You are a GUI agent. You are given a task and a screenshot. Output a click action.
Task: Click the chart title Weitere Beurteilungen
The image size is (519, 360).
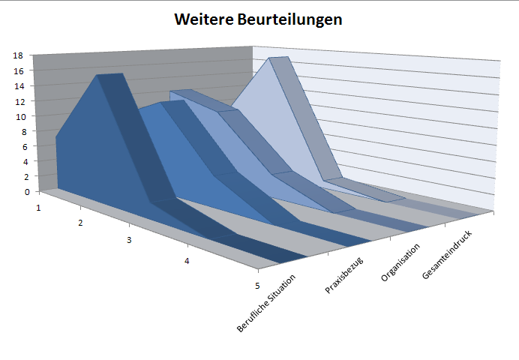click(258, 19)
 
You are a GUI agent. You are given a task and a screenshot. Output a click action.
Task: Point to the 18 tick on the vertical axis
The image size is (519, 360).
click(18, 55)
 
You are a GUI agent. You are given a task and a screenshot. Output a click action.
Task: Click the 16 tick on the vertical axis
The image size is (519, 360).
click(18, 70)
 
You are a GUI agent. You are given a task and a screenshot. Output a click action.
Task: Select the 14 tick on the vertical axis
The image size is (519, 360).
click(18, 85)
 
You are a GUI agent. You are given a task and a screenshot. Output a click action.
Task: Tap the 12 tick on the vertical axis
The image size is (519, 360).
click(18, 101)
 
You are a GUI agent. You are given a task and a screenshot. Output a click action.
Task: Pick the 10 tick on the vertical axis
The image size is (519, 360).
click(18, 116)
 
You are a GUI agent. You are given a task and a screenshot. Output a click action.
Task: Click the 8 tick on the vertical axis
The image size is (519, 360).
click(20, 131)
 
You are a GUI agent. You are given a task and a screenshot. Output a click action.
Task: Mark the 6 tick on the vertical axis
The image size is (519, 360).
click(20, 146)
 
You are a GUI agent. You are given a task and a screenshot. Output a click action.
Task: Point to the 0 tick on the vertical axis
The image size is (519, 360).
click(20, 191)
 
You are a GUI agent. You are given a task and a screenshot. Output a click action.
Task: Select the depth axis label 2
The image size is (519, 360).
click(80, 223)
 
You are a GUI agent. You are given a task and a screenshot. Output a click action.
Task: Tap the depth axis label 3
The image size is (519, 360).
click(129, 241)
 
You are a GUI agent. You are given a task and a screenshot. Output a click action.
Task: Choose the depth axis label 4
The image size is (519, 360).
click(187, 261)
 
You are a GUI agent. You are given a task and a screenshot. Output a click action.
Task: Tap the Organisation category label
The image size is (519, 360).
click(401, 262)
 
